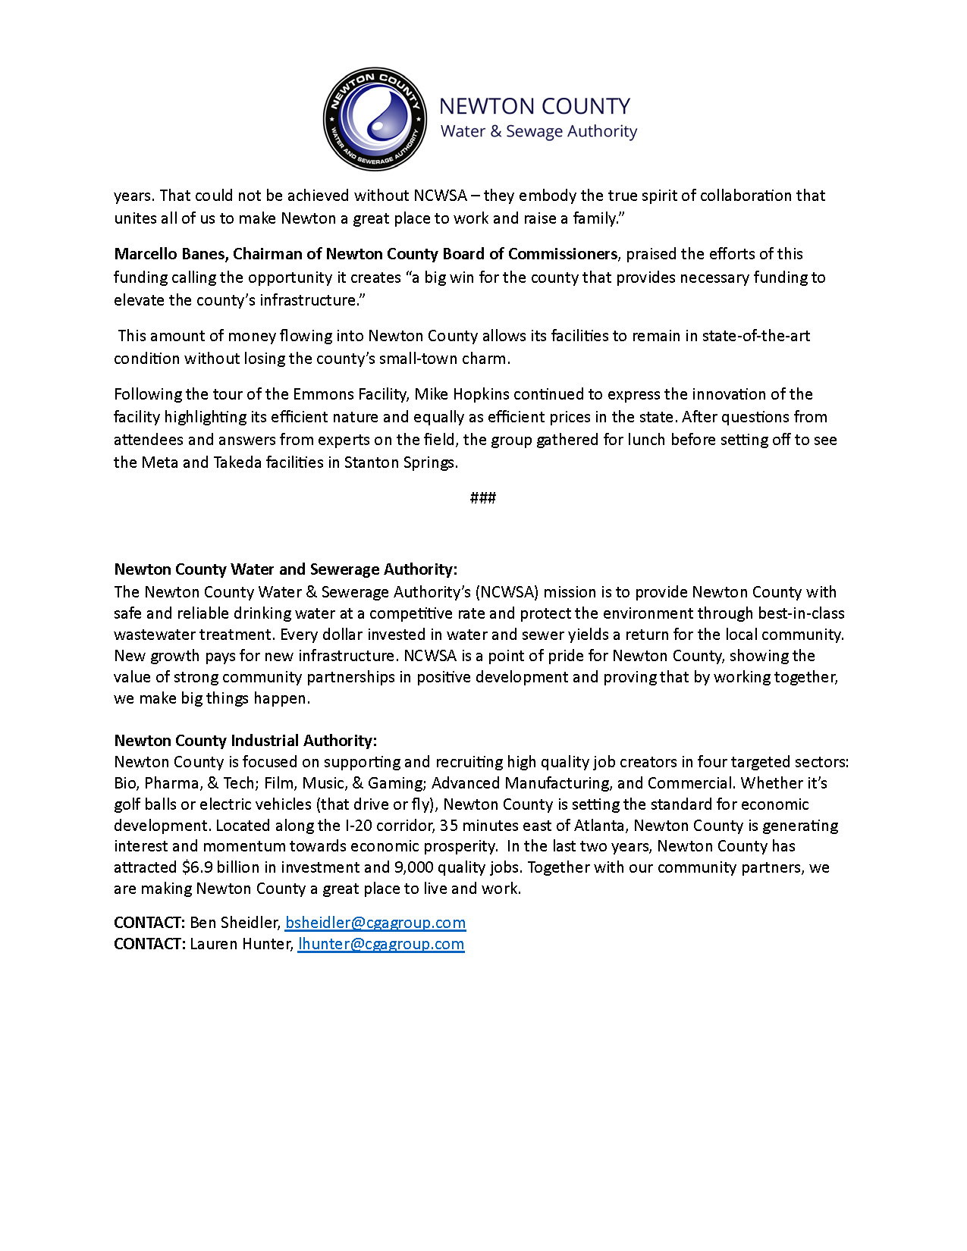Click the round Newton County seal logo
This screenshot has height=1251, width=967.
point(375,118)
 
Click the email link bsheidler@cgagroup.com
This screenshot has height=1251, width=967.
point(375,923)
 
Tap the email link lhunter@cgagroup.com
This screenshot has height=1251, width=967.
point(381,944)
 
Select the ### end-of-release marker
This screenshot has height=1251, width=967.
point(483,497)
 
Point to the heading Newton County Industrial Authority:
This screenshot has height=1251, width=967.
point(245,740)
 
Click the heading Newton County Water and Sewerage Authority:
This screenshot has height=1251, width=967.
point(285,569)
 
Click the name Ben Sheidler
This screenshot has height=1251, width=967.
point(234,923)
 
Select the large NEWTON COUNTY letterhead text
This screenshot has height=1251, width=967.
point(535,106)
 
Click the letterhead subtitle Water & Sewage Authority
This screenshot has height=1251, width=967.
point(538,131)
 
